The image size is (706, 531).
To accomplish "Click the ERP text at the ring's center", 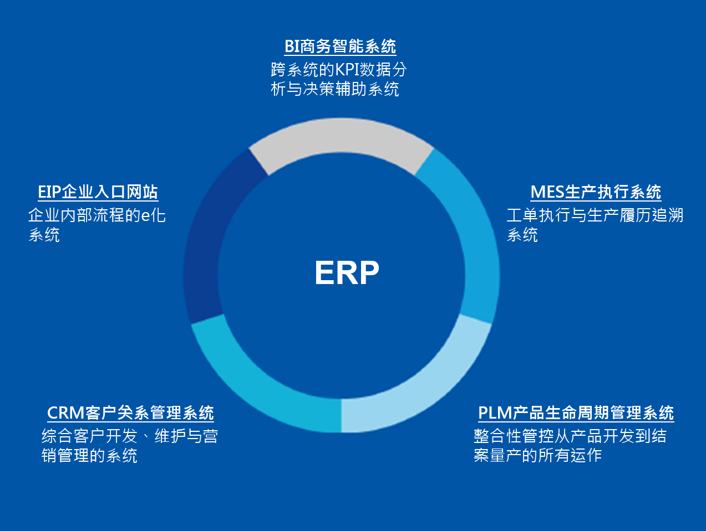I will click(347, 273).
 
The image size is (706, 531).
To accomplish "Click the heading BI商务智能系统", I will click(340, 47).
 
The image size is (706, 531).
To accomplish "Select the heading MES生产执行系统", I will click(596, 192).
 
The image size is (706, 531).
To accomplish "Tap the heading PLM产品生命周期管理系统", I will click(576, 413).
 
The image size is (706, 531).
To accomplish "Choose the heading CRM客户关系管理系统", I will click(130, 413).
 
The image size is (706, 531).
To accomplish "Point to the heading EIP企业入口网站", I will click(98, 192).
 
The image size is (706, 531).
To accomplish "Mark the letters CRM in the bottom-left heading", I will click(65, 413).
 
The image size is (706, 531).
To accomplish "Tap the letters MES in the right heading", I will click(547, 192).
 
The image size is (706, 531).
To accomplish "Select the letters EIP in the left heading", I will click(49, 192).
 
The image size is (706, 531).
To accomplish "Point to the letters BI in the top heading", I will click(292, 47).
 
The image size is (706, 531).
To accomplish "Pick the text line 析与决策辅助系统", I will click(335, 89).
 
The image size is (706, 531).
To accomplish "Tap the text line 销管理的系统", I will click(89, 456).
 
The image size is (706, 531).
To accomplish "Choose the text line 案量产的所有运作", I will click(537, 456).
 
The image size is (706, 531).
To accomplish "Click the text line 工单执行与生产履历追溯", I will click(595, 215).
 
